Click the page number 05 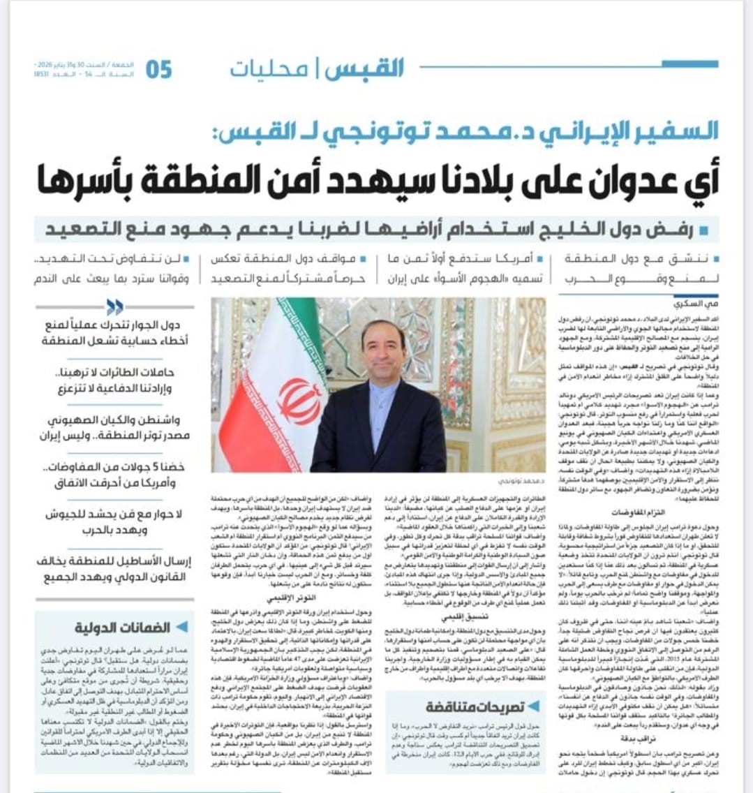click(158, 70)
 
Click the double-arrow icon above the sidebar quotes click(114, 307)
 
